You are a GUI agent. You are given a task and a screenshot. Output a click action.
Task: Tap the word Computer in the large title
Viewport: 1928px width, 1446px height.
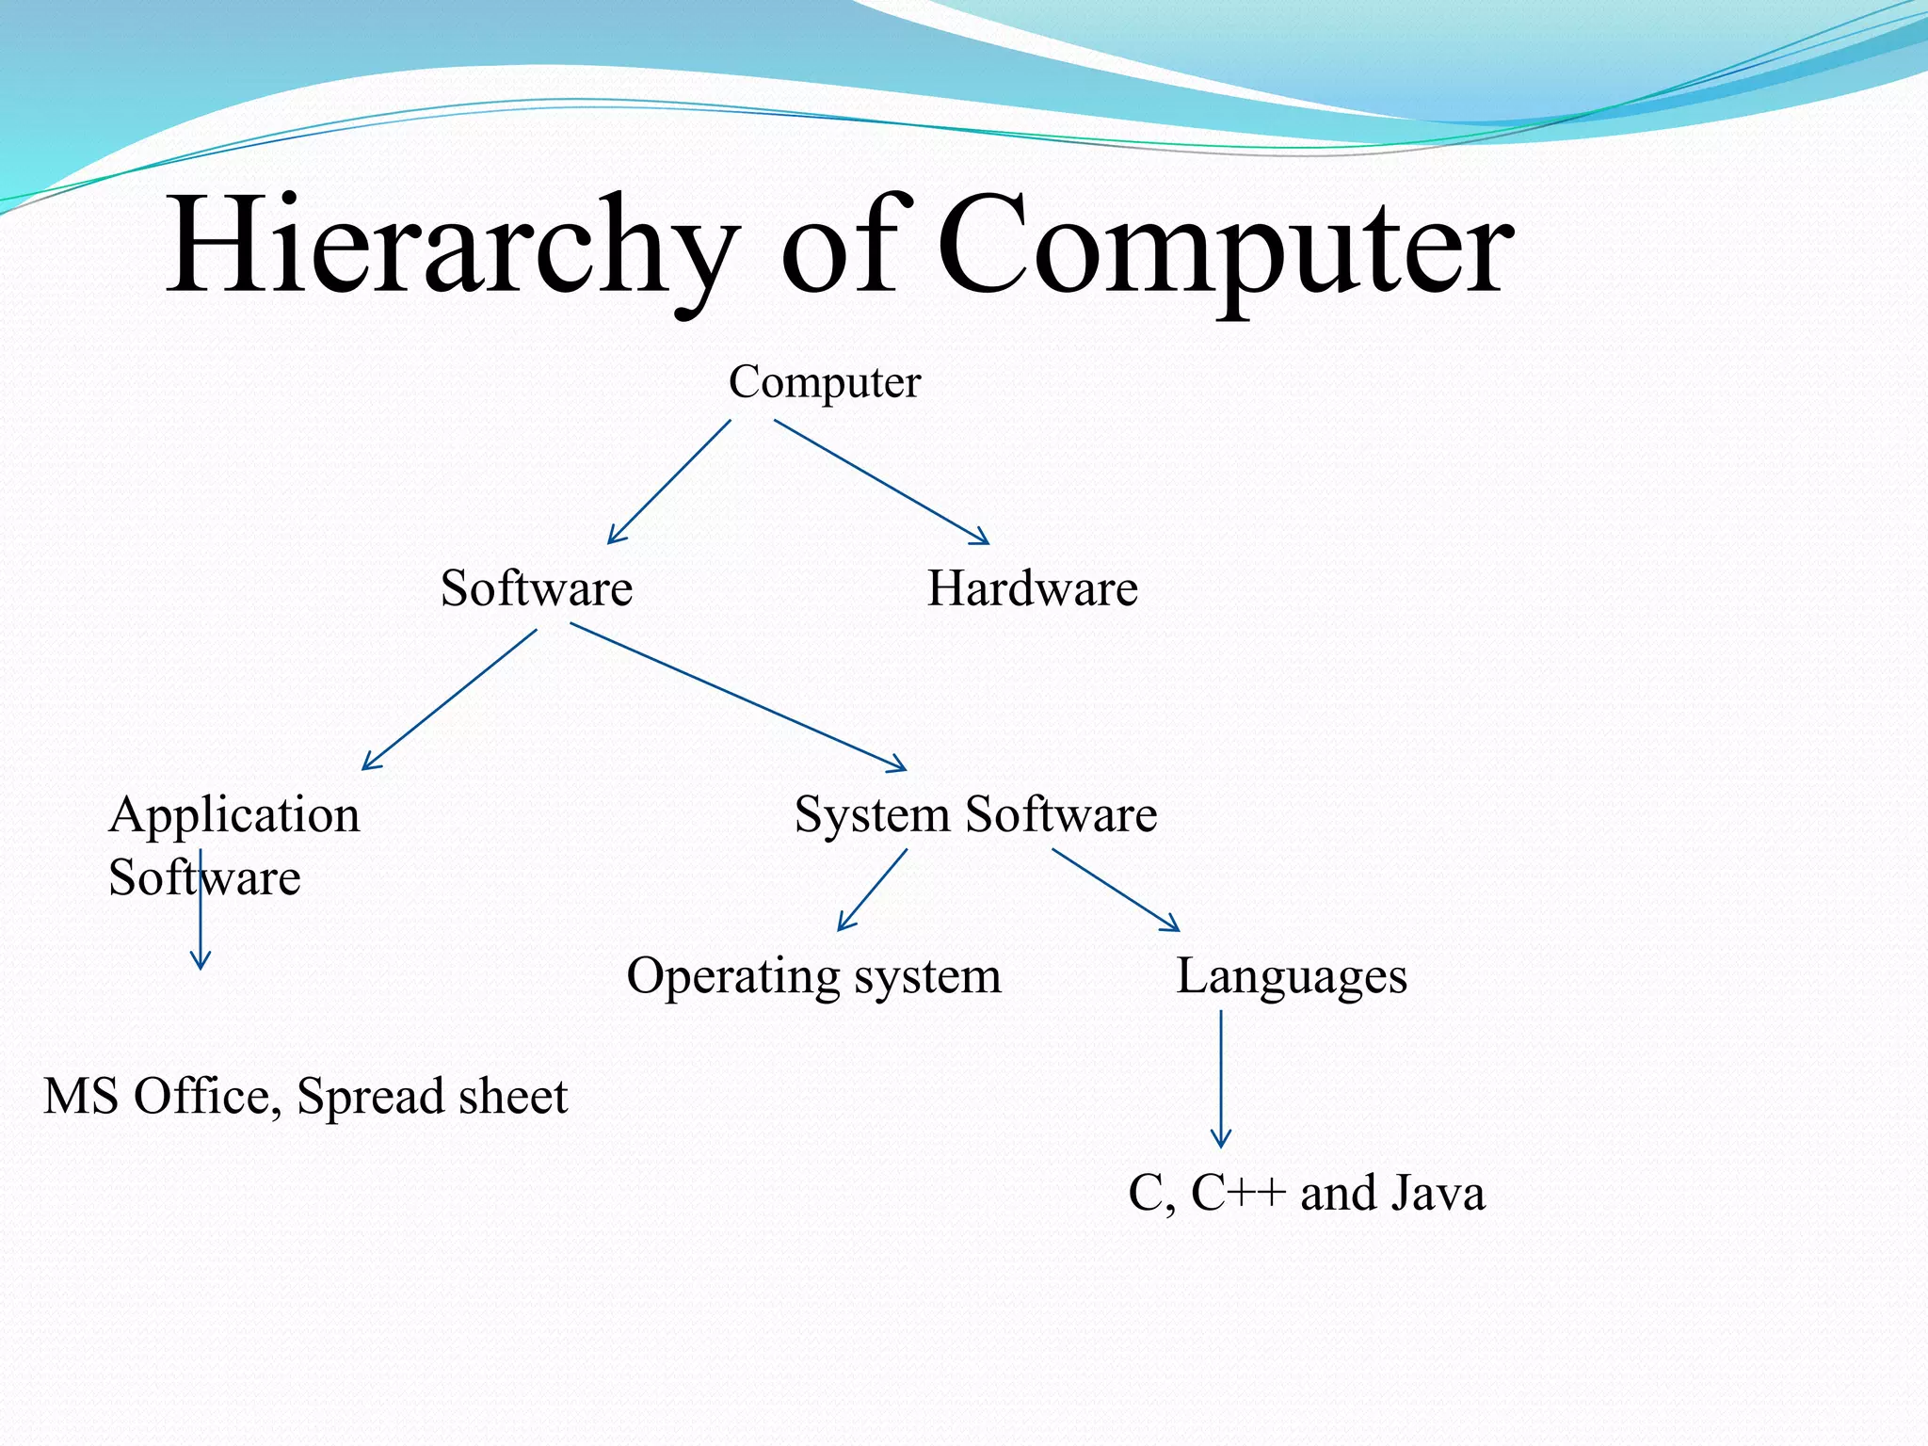[x=1224, y=247]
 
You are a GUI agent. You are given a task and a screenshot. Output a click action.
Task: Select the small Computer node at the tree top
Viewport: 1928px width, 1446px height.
[x=824, y=382]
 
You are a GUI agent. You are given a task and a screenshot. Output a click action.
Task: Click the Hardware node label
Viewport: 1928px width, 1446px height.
[x=1033, y=589]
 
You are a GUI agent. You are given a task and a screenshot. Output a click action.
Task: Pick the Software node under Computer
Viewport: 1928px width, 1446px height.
[x=537, y=589]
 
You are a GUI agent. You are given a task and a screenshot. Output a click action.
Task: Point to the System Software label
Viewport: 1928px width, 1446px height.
[x=975, y=814]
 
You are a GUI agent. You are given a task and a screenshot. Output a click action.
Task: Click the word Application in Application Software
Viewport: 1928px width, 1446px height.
[x=234, y=815]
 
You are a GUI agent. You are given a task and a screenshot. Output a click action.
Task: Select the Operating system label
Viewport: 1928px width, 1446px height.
[x=813, y=976]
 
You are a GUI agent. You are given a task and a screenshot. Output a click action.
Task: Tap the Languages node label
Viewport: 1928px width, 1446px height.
[x=1291, y=976]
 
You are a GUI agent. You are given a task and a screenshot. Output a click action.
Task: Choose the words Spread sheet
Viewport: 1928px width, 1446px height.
[x=432, y=1097]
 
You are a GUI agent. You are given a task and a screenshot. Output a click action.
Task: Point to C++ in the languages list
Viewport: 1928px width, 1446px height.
[x=1238, y=1194]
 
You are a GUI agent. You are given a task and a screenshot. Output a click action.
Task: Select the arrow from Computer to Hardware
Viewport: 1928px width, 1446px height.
[x=881, y=481]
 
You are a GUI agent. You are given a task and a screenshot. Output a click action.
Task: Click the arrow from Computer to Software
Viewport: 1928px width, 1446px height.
[x=669, y=482]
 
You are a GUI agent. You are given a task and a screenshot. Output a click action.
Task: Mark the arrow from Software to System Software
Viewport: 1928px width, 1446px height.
[x=738, y=697]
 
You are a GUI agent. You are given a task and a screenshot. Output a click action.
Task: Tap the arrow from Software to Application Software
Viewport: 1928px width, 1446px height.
[x=450, y=699]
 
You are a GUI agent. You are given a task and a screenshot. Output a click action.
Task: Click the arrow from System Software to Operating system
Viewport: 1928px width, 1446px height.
[x=873, y=890]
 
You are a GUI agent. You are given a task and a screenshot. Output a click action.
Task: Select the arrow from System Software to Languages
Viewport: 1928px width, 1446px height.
[x=1116, y=890]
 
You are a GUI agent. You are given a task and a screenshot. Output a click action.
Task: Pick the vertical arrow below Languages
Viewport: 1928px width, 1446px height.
[x=1221, y=1078]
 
